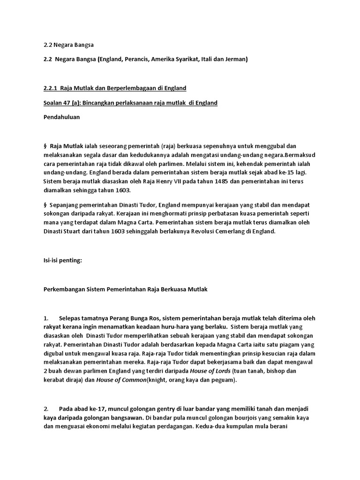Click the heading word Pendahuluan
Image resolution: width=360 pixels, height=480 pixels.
click(61, 118)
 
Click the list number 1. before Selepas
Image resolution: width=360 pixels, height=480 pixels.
click(46, 318)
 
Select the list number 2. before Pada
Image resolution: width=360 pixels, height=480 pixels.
click(46, 409)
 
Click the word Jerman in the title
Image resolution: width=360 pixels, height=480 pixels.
click(236, 60)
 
